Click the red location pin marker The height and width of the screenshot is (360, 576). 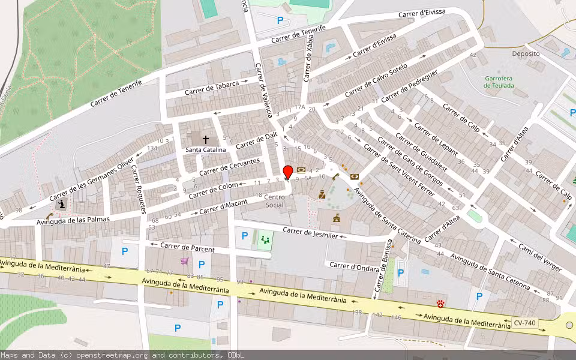point(288,172)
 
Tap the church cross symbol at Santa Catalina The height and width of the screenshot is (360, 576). point(206,139)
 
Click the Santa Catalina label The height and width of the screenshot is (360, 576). point(206,149)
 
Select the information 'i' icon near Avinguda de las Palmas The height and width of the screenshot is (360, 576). point(61,205)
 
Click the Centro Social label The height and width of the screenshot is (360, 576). point(274,201)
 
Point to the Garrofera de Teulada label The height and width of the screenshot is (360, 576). point(499,82)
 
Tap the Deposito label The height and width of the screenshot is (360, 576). point(526,53)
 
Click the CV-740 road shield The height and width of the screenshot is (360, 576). point(525,323)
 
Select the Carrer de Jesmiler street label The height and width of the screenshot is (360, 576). point(310,233)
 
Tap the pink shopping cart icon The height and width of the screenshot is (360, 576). point(185,261)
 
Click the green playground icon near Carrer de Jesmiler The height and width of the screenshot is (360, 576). point(265,241)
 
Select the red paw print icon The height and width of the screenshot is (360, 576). point(442,303)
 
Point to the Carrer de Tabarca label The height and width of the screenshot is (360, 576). point(212,88)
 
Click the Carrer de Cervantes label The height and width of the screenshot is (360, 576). point(230,166)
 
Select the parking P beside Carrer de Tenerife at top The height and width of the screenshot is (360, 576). point(280,20)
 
